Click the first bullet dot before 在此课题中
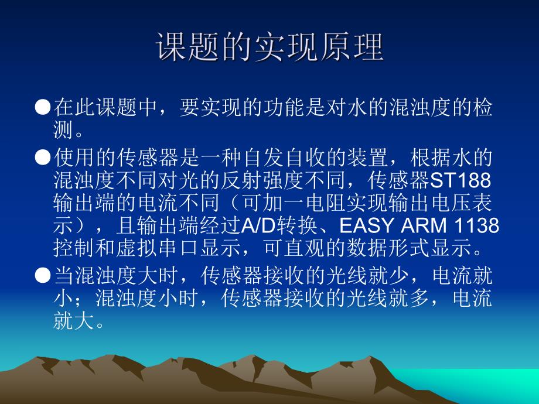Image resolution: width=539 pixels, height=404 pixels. (44, 108)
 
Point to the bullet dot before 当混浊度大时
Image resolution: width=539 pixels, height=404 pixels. (44, 275)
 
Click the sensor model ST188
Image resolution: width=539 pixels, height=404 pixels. (465, 178)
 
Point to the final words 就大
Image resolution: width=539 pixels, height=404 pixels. (72, 321)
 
